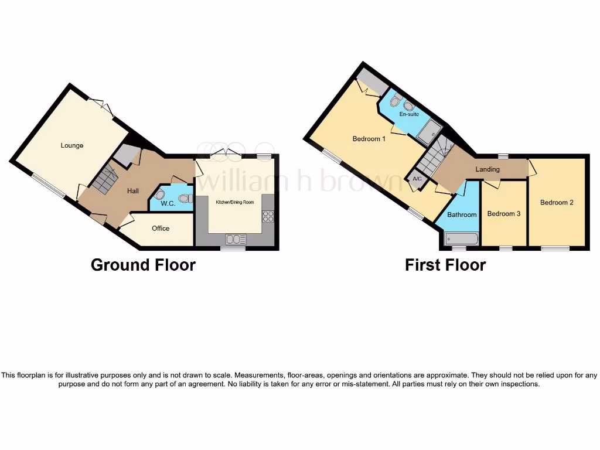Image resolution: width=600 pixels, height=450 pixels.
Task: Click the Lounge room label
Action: click(72, 145)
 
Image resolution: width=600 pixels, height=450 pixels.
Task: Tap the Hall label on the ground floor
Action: click(133, 191)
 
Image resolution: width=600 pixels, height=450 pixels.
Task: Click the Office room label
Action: click(161, 229)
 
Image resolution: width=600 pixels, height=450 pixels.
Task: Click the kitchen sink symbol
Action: click(236, 239)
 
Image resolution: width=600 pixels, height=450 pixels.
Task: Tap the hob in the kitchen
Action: click(268, 216)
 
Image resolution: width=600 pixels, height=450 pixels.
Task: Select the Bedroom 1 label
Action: click(369, 139)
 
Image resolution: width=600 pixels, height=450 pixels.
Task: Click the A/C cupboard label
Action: click(417, 179)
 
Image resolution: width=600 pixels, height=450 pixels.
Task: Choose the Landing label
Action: click(487, 169)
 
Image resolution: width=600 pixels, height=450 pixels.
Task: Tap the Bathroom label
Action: click(462, 214)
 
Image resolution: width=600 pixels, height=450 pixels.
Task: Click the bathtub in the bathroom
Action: click(462, 238)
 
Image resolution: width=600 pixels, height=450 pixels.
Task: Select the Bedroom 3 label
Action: click(504, 214)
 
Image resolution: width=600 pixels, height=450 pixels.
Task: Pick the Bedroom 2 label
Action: click(557, 203)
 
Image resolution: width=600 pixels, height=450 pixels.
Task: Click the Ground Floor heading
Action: click(143, 265)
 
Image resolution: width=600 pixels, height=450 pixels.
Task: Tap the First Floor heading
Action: click(445, 265)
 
